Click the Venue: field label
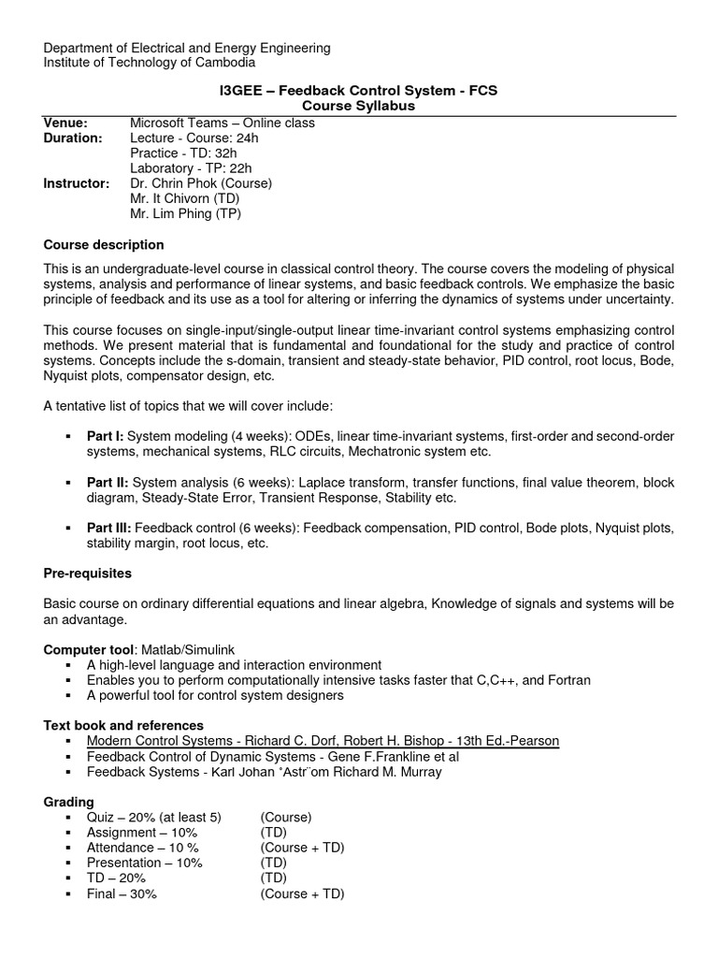65,123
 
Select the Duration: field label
73,138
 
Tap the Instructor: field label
77,183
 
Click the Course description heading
104,245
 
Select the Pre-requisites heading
88,572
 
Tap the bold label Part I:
106,437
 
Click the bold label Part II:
108,483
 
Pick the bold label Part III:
109,529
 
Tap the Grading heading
69,802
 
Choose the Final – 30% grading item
122,893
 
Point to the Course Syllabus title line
359,107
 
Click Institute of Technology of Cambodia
150,63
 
